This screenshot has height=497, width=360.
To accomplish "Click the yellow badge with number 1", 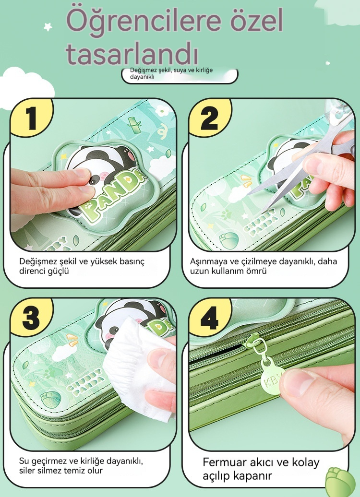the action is click(x=32, y=118).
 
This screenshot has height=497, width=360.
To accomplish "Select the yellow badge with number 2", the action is click(x=210, y=118).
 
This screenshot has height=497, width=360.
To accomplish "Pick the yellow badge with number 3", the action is click(x=32, y=317).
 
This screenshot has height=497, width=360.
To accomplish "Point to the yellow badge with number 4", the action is click(x=210, y=317).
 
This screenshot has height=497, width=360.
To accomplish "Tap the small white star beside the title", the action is click(x=48, y=27).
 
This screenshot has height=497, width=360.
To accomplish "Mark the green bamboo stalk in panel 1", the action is click(x=135, y=125).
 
